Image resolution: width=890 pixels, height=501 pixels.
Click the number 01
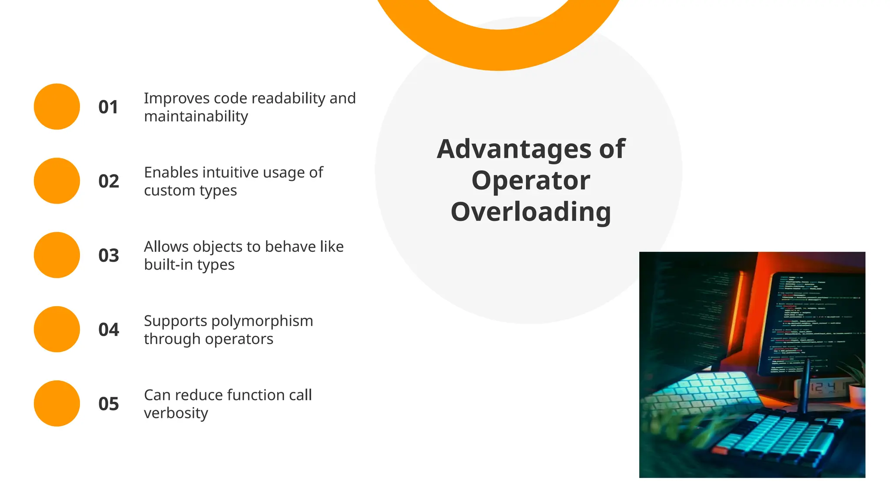coord(108,107)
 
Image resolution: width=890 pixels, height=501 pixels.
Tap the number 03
coord(109,255)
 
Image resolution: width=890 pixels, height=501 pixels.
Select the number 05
coord(109,404)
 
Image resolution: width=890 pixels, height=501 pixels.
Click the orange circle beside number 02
coord(57,181)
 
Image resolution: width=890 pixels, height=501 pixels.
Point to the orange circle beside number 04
coord(57,329)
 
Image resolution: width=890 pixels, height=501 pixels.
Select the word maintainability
coord(196,117)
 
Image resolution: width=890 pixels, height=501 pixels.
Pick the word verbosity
coord(176,413)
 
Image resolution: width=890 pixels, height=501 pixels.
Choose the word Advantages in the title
coord(514,149)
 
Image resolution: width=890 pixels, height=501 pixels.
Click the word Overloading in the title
coord(531,212)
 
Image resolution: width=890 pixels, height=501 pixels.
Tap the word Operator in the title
coord(531,180)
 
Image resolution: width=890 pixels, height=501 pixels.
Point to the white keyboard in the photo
coord(700,391)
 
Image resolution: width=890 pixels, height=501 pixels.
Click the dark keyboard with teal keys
coord(778,439)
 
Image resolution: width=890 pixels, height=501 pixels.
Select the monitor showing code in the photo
coord(813,322)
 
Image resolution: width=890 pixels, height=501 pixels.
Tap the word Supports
coord(176,321)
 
